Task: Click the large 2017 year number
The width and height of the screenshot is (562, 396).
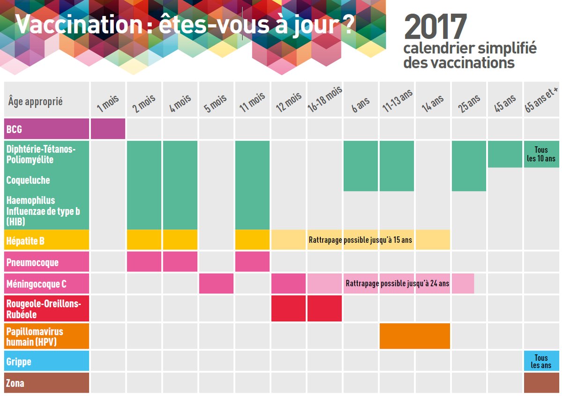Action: [x=436, y=27]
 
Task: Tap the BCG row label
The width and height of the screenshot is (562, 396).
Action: [x=47, y=129]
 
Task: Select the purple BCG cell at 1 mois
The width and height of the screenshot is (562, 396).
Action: [x=108, y=129]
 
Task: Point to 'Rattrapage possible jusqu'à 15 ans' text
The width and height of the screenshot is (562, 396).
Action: [x=360, y=240]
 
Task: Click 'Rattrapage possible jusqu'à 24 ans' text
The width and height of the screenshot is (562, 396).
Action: [x=397, y=284]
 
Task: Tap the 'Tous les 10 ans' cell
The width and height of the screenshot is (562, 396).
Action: [x=541, y=154]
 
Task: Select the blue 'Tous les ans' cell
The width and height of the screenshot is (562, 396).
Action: [x=541, y=361]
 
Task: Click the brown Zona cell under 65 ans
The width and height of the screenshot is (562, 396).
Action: [x=541, y=383]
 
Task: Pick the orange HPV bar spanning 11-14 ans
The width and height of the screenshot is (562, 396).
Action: [x=414, y=336]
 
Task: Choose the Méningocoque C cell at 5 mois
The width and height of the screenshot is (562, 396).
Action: [x=216, y=284]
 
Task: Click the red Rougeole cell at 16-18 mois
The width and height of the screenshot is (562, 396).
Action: [x=325, y=308]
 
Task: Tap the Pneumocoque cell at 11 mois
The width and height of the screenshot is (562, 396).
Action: [x=252, y=262]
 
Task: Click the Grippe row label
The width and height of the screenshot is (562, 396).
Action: [x=47, y=361]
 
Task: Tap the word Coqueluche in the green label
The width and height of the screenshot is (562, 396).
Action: [x=28, y=180]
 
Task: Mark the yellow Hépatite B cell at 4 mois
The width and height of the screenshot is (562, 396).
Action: [x=180, y=239]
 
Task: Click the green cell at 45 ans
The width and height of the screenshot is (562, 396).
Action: [x=505, y=154]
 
